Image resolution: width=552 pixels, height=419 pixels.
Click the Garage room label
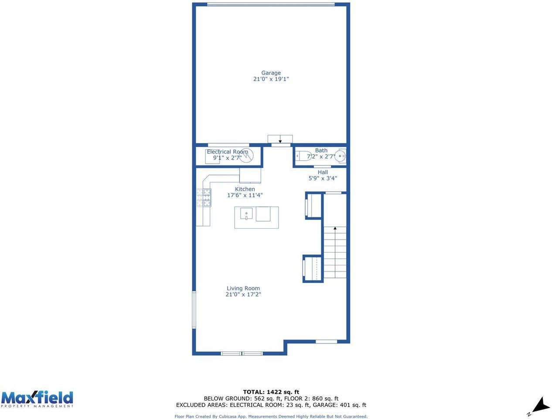[x=271, y=73]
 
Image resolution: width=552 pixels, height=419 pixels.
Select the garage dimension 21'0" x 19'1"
[x=271, y=79]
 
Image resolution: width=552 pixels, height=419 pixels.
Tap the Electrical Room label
[x=227, y=152]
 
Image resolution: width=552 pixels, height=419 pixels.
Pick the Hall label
[x=323, y=172]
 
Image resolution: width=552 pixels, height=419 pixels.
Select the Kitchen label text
[x=245, y=189]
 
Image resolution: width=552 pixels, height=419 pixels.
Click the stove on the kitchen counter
[x=204, y=197]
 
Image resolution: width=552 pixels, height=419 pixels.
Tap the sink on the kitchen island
[x=246, y=214]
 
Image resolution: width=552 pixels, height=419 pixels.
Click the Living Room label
[x=243, y=288]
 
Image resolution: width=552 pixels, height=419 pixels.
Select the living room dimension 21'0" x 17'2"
[x=243, y=295]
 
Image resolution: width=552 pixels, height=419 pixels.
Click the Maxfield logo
[x=37, y=399]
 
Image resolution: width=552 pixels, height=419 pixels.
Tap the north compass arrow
[x=541, y=405]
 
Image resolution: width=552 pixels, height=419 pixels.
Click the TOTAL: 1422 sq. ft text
[x=271, y=392]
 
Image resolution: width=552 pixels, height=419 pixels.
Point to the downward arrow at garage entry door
[x=280, y=141]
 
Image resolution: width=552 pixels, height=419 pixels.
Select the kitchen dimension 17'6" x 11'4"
[x=245, y=196]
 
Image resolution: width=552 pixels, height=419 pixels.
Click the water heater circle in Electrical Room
[x=246, y=156]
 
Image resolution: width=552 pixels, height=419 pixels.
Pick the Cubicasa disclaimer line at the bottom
[x=271, y=416]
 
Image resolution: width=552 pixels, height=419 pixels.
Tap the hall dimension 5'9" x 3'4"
[x=323, y=179]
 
